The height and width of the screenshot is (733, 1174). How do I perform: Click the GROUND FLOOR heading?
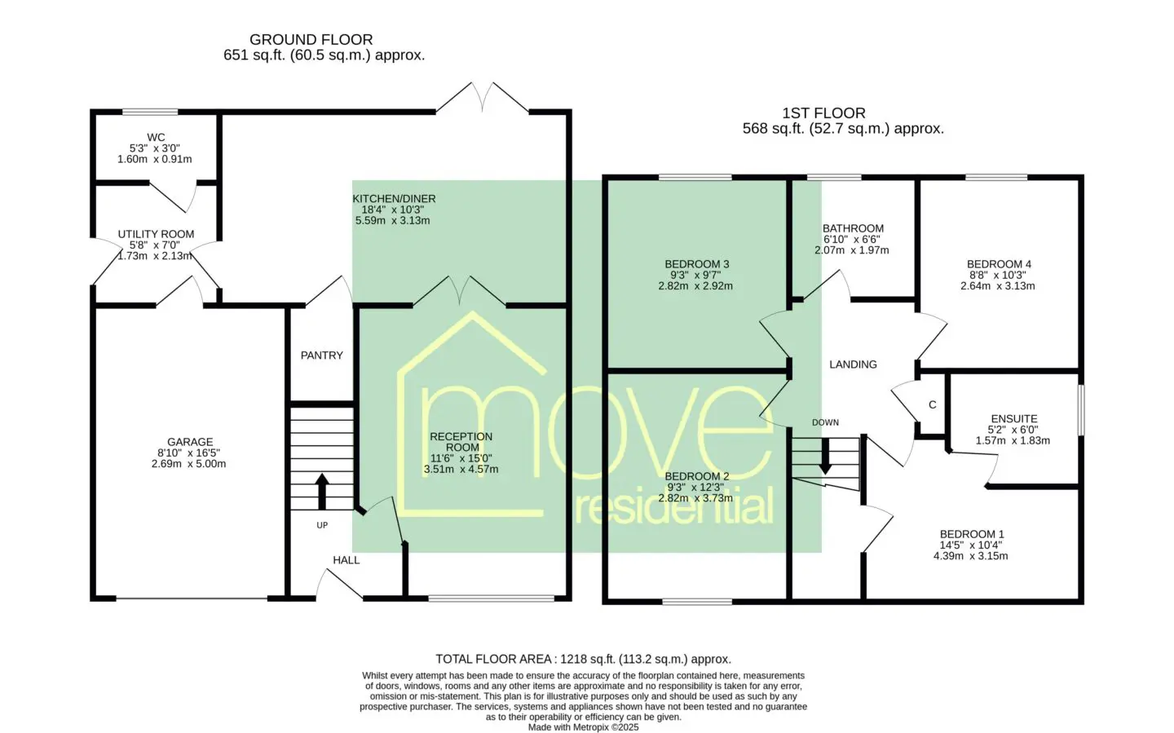(x=311, y=39)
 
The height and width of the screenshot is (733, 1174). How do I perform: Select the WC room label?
(x=156, y=137)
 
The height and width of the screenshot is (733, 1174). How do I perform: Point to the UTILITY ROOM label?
(x=156, y=234)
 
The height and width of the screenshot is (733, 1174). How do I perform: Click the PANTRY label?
(x=322, y=355)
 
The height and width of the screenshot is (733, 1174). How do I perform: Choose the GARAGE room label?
(x=190, y=441)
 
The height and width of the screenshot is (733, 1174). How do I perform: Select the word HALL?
(x=346, y=560)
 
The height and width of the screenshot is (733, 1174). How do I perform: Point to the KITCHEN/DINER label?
(x=394, y=199)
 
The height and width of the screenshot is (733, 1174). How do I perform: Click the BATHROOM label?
(x=853, y=228)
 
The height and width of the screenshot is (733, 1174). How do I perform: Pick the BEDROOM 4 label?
(x=999, y=263)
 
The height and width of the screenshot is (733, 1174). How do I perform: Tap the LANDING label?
(x=853, y=364)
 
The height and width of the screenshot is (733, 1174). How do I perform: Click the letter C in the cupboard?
(x=933, y=404)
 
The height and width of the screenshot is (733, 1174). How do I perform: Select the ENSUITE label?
(x=1014, y=418)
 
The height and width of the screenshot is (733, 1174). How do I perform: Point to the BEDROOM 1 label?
(x=972, y=534)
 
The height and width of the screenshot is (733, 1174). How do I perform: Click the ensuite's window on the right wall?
(x=1081, y=410)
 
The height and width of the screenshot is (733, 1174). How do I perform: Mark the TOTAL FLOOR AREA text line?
(x=583, y=659)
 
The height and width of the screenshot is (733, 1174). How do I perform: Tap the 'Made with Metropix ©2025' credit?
(x=583, y=727)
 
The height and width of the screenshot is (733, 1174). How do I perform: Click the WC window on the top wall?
(x=150, y=112)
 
